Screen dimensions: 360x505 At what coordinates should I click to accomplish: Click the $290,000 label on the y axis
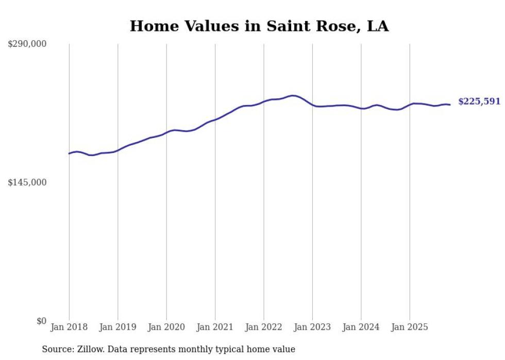click(x=27, y=44)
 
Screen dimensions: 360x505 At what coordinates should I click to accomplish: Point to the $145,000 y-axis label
click(x=27, y=182)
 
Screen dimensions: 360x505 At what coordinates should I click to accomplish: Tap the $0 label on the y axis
click(x=41, y=321)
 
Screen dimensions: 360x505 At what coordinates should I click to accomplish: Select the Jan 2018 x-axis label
click(x=69, y=327)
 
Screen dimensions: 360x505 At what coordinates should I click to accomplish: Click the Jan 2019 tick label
click(x=117, y=327)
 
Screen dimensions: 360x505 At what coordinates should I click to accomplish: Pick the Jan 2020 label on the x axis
click(x=166, y=327)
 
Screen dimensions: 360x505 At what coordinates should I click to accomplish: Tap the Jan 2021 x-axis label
click(x=215, y=327)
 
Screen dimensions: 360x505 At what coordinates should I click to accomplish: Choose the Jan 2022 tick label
click(x=264, y=327)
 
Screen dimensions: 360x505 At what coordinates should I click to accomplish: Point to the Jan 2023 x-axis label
click(x=312, y=327)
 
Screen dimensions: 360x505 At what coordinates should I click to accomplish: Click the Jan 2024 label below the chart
click(x=361, y=327)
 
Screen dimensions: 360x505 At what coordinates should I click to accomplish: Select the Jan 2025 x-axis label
click(x=410, y=327)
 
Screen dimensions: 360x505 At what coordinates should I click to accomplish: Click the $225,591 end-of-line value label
click(x=479, y=101)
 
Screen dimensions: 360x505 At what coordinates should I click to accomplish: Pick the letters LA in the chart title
click(x=377, y=26)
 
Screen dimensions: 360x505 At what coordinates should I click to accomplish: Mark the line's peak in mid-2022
click(x=293, y=95)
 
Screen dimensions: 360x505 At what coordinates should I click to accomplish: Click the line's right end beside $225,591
click(x=450, y=105)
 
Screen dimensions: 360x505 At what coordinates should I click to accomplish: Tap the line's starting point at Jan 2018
click(x=69, y=153)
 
